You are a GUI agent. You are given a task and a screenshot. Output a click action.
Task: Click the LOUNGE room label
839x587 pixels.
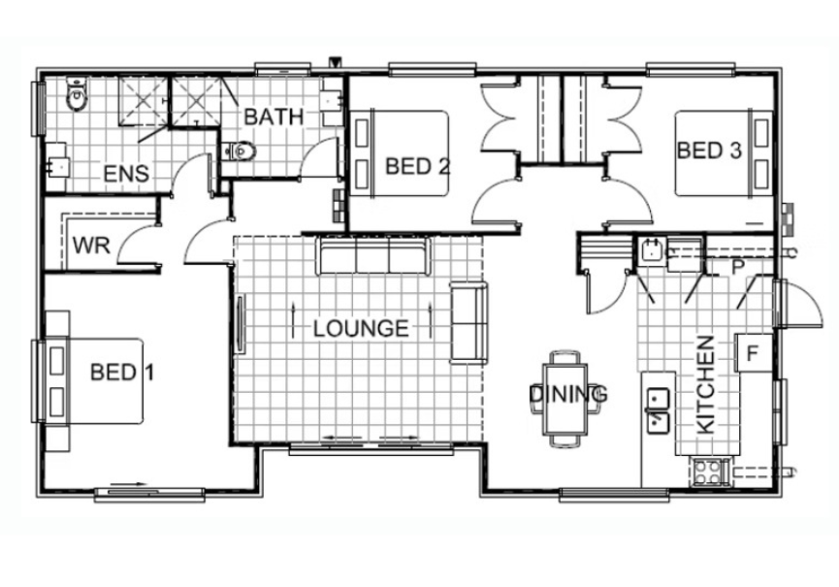361,329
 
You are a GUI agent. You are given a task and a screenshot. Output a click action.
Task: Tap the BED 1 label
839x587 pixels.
122,372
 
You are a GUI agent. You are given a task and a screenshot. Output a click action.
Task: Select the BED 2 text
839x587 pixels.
417,167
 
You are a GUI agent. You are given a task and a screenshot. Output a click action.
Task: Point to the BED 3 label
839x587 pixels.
709,150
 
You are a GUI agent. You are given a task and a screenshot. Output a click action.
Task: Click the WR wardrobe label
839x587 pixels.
91,245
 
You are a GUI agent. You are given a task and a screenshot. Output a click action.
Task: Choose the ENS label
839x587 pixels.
126,174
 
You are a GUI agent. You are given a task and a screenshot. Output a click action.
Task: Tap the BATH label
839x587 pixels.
274,116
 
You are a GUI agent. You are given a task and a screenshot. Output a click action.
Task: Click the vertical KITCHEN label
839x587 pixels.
706,384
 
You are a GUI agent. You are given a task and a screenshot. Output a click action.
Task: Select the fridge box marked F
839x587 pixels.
754,353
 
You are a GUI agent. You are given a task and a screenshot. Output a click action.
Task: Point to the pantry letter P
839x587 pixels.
738,268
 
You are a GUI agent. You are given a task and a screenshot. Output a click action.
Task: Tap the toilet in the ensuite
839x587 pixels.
76,95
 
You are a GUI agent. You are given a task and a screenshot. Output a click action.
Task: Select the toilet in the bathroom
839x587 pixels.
240,152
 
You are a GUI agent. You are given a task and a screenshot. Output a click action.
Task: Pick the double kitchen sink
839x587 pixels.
659,409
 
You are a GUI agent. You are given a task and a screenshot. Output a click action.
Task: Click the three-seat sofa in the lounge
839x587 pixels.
374,255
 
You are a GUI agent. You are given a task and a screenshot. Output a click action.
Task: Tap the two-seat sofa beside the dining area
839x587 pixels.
468,323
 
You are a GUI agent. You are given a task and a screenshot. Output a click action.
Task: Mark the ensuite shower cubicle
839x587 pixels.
143,101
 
